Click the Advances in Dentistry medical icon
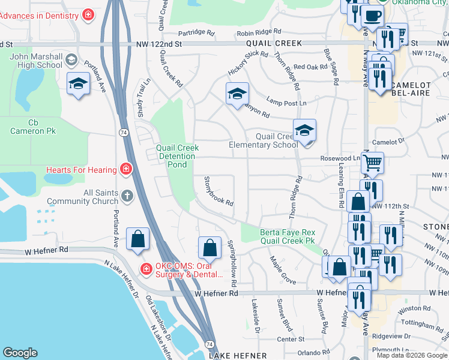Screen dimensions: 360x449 coord(88,14)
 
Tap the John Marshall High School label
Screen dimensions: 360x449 coord(36,61)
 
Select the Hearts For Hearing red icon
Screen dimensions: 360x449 coord(125,169)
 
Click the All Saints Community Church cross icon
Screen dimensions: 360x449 coord(127,196)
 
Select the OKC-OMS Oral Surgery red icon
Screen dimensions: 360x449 coord(145,269)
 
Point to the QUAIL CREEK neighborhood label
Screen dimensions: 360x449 coord(276,44)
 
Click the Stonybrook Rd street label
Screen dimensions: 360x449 coord(218,191)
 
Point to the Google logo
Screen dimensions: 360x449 coord(20,353)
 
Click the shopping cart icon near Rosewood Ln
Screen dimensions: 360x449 coord(373,163)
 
